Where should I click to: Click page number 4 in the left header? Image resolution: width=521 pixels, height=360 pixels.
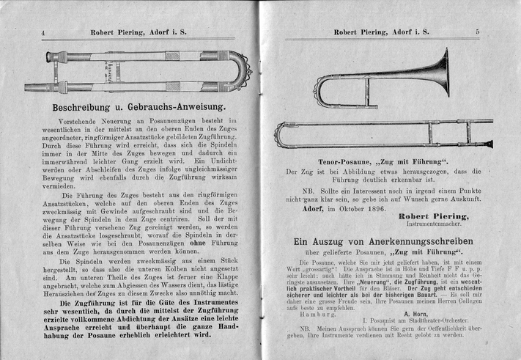coord(44,32)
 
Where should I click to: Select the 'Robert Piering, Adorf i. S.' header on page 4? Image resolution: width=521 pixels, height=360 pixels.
coord(139,32)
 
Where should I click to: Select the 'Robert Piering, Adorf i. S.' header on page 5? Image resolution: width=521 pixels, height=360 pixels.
coord(382,32)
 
